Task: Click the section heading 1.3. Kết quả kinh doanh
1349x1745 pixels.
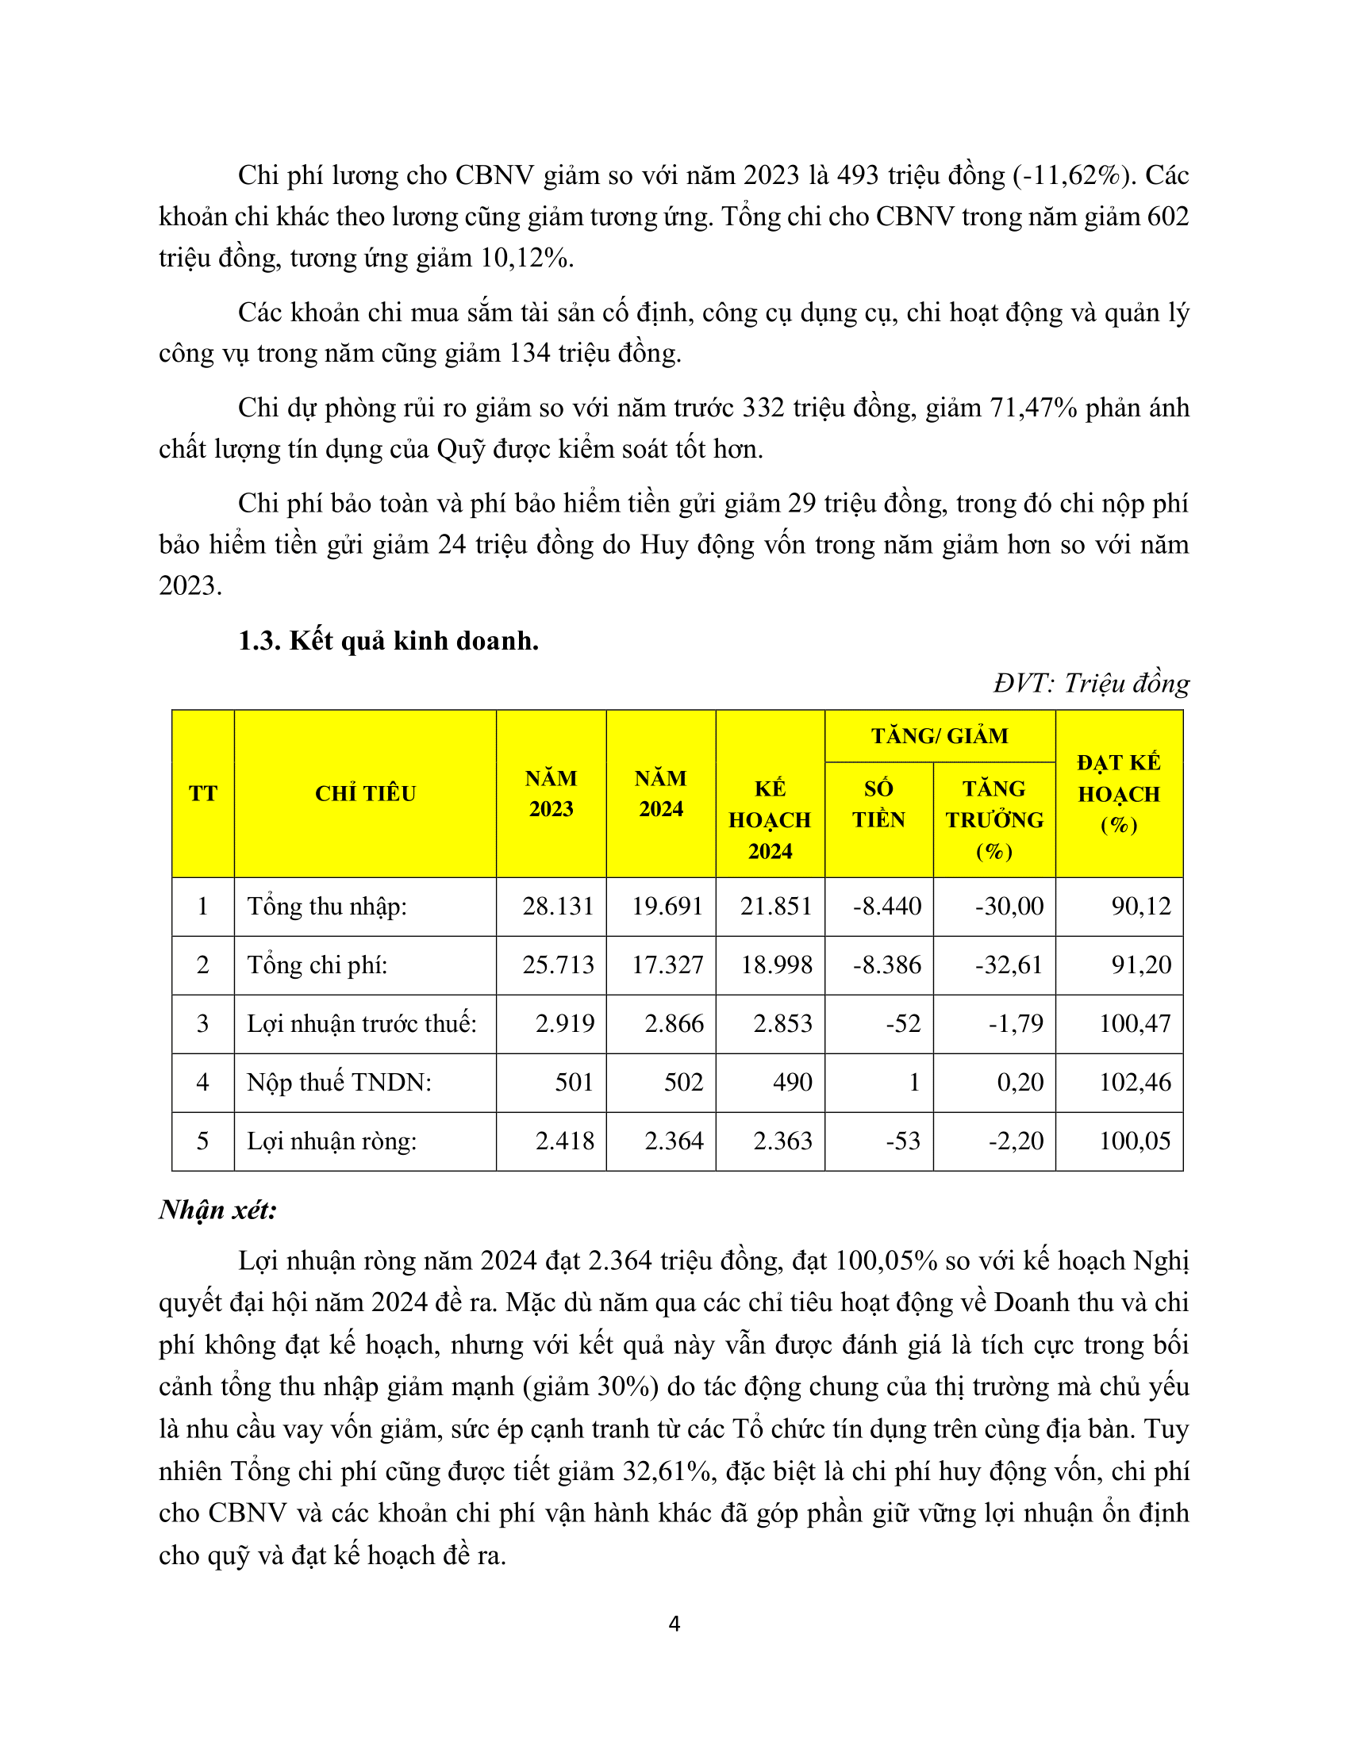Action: pyautogui.click(x=388, y=641)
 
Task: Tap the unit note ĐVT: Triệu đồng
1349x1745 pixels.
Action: pyautogui.click(x=1092, y=683)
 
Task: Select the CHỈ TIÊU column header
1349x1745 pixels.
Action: pyautogui.click(x=365, y=793)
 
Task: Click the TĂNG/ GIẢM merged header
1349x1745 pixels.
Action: pyautogui.click(x=940, y=735)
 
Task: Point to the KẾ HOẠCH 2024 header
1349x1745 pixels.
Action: pyautogui.click(x=771, y=820)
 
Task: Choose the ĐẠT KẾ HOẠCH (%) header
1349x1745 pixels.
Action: pyautogui.click(x=1119, y=793)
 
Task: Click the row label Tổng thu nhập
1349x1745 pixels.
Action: pyautogui.click(x=327, y=906)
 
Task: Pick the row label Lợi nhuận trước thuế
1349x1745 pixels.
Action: pyautogui.click(x=361, y=1023)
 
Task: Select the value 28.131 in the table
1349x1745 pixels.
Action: pyautogui.click(x=558, y=906)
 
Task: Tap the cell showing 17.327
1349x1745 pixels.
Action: pyautogui.click(x=667, y=965)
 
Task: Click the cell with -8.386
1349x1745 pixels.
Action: pyautogui.click(x=887, y=965)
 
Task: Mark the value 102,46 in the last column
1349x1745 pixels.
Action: pyautogui.click(x=1135, y=1082)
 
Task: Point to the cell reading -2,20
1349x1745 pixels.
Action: pyautogui.click(x=1009, y=1140)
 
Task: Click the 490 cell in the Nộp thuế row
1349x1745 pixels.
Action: pyautogui.click(x=792, y=1082)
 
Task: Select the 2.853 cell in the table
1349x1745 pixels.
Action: pyautogui.click(x=782, y=1023)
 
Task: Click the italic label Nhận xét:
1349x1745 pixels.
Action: pyautogui.click(x=217, y=1210)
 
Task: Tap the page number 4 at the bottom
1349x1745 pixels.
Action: pyautogui.click(x=674, y=1624)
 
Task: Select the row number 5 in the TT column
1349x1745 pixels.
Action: pyautogui.click(x=203, y=1140)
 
